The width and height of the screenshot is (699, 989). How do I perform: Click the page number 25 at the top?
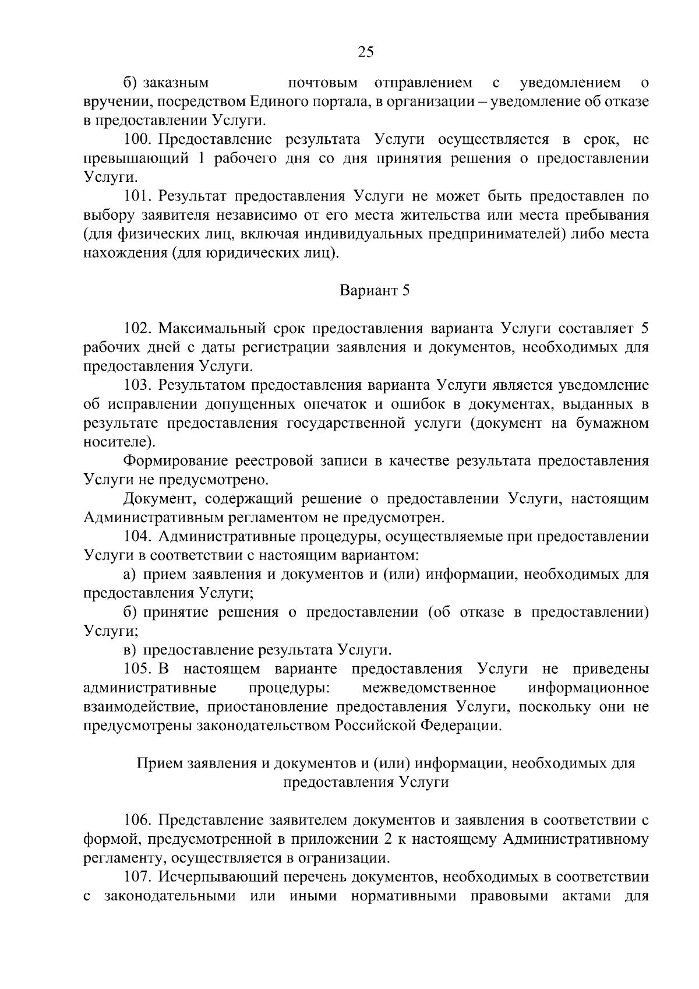point(365,52)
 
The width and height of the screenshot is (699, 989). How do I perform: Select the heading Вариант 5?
point(375,290)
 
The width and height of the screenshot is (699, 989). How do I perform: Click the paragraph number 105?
point(138,668)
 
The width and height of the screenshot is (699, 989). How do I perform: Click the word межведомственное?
point(429,688)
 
